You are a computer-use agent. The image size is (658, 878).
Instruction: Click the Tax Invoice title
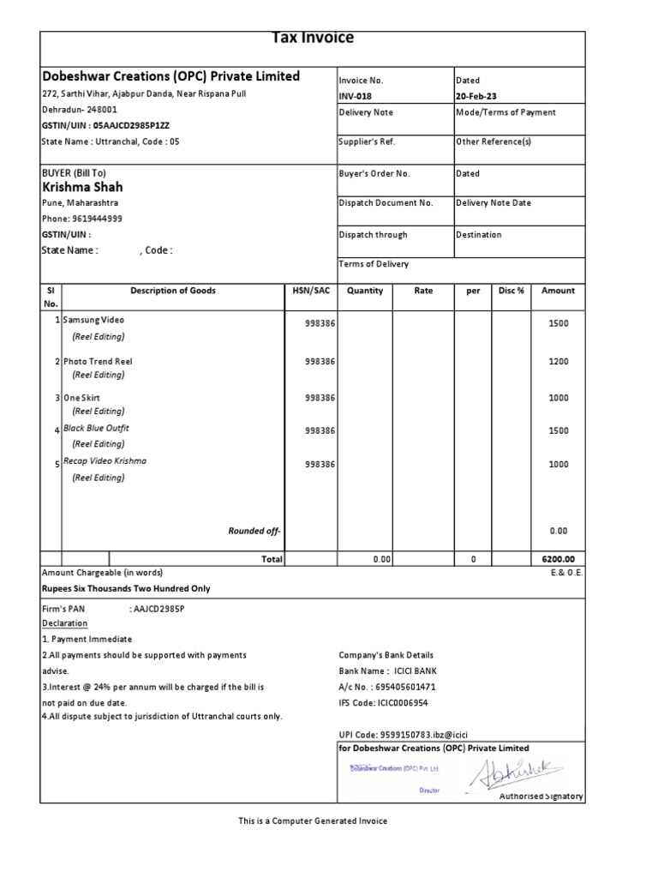pyautogui.click(x=312, y=38)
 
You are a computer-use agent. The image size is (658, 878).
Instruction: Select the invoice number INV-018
pyautogui.click(x=356, y=96)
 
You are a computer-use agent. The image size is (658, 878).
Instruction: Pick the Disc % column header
pyautogui.click(x=511, y=291)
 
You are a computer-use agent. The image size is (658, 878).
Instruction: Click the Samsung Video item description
pyautogui.click(x=93, y=320)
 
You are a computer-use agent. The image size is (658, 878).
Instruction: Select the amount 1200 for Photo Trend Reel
pyautogui.click(x=558, y=362)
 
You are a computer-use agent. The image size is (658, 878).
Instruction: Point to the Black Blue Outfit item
pyautogui.click(x=96, y=428)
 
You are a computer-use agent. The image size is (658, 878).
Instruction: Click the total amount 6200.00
pyautogui.click(x=557, y=559)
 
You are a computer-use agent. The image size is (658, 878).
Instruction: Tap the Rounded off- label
pyautogui.click(x=254, y=531)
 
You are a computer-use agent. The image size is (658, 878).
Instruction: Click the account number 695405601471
pyautogui.click(x=398, y=687)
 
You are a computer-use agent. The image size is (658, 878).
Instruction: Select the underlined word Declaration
pyautogui.click(x=64, y=623)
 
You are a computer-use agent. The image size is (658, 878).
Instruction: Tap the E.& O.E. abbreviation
pyautogui.click(x=566, y=572)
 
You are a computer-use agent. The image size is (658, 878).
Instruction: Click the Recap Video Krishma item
pyautogui.click(x=105, y=460)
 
